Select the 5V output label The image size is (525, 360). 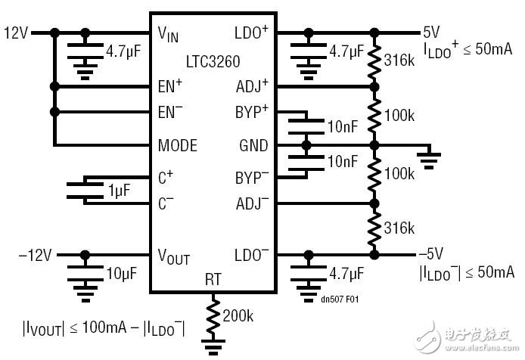pyautogui.click(x=430, y=33)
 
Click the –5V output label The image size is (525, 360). pyautogui.click(x=432, y=255)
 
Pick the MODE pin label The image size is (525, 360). pyautogui.click(x=179, y=144)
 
